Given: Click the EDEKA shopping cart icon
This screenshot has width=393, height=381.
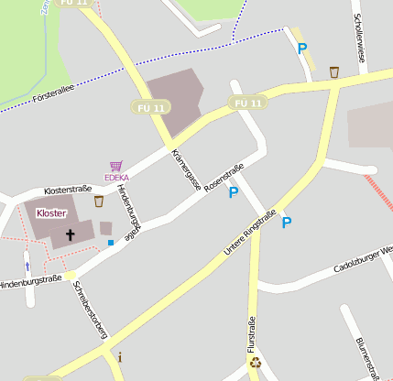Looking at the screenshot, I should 115,166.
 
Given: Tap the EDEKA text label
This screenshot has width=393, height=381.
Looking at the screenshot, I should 115,177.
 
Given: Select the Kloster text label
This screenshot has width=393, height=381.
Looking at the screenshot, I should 51,212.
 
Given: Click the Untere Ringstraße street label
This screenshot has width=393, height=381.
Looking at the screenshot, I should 250,233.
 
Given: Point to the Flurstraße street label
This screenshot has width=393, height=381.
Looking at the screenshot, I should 251,335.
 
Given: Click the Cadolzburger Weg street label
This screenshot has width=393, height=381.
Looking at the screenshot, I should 363,259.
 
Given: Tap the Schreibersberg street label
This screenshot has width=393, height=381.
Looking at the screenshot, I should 90,310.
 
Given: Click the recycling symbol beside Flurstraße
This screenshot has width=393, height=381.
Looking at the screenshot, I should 255,363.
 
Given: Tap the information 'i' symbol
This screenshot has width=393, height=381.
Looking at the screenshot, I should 119,357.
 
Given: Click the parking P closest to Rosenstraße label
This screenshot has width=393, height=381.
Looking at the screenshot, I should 233,192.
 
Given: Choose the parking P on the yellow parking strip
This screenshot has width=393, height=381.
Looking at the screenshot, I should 301,49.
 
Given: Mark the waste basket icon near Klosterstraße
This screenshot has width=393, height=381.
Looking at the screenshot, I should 98,201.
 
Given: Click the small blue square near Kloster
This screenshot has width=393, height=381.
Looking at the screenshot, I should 111,243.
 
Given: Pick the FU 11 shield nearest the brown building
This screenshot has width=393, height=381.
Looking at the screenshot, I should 150,107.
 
